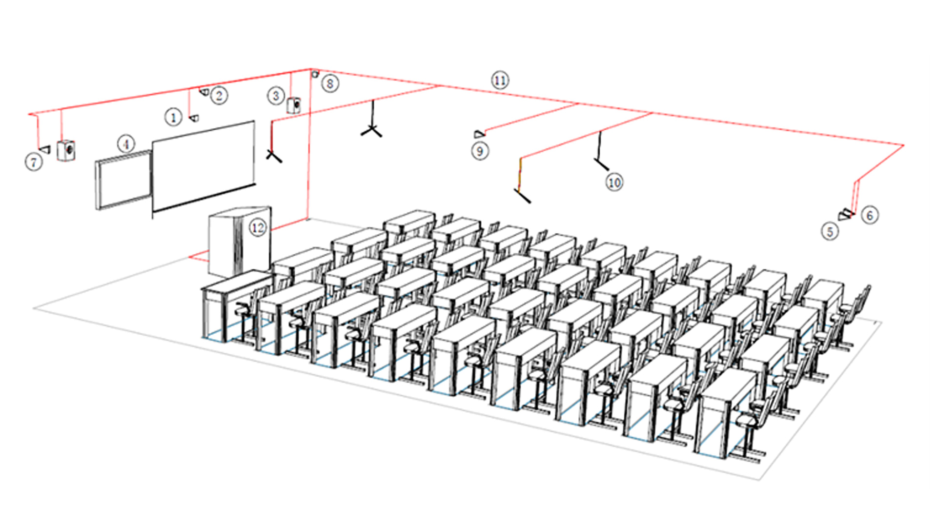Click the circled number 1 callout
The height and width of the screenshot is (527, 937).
point(173,117)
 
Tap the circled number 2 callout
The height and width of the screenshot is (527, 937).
point(219,95)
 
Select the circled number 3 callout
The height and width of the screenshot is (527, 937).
point(276,96)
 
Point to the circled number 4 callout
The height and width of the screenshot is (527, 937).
point(126,144)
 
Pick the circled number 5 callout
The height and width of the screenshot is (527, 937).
point(830,231)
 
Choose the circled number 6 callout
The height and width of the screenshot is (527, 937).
point(870,215)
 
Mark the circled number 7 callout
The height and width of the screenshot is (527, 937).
point(34,162)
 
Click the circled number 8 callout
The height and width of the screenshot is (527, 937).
point(330,83)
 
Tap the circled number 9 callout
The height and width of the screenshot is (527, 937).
point(480,151)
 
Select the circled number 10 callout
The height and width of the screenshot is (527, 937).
point(614,182)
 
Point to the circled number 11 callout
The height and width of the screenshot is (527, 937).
point(500,80)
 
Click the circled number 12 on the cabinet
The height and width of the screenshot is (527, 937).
point(258,227)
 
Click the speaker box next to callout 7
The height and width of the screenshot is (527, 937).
point(66,151)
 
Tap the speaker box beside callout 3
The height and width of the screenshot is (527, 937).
point(293,105)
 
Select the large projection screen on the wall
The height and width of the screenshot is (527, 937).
point(204,166)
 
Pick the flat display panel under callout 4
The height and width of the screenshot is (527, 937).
point(123,180)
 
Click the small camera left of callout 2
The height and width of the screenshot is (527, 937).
point(204,91)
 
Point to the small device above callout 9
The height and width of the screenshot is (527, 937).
point(480,134)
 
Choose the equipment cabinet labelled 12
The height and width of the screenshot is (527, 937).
point(240,242)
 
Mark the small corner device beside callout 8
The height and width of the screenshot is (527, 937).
point(315,74)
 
